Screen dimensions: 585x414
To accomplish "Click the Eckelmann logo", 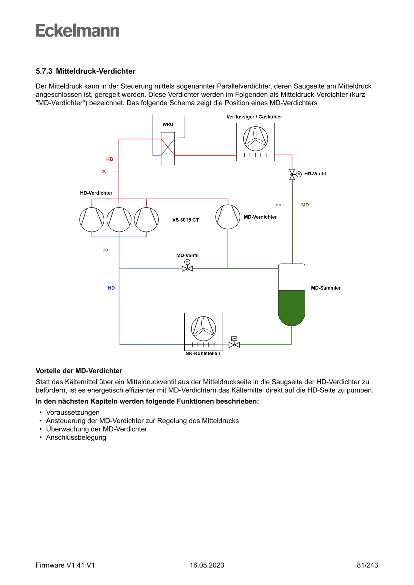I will coord(77,30).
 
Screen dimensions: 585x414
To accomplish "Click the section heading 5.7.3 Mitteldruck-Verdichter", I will coord(86,71).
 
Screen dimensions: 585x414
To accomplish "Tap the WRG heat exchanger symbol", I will coord(168,148).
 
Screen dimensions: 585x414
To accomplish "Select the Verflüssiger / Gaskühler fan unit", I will coord(255,142).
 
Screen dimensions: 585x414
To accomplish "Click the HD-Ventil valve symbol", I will coord(292,174).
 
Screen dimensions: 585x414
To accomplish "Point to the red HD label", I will coord(109,159).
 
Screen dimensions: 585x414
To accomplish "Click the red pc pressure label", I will coord(104,171).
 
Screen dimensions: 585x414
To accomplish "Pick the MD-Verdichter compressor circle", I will coord(228,216).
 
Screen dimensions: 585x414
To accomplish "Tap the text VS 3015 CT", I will coord(186,220).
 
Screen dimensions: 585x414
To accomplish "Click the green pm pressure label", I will coord(278,205).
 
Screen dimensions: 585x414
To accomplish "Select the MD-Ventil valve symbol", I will coord(188,268).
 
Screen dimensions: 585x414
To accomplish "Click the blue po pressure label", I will coord(105,250).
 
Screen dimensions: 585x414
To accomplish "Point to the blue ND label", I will coord(111,288).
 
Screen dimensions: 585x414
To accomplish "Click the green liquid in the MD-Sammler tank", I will coord(291,306).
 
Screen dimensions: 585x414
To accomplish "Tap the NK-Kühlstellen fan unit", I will coord(203,331).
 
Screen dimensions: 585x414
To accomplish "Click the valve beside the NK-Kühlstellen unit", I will coord(234,344).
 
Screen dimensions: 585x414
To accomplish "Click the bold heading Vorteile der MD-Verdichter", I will coord(79,371).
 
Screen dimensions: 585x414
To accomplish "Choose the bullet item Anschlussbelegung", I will coord(76,438).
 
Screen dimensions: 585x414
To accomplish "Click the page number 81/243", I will coord(367,565).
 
